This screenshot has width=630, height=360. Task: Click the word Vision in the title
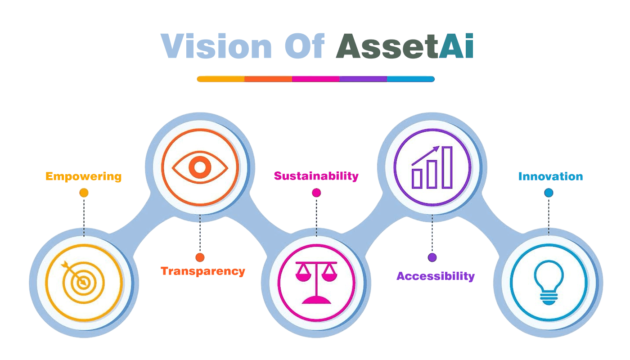pos(216,46)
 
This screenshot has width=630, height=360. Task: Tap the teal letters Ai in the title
pos(456,46)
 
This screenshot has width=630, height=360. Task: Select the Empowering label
pos(84,176)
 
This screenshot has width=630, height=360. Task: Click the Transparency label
pos(203,271)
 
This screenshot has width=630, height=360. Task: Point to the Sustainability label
pos(316,175)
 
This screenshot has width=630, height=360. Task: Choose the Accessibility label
pos(436,276)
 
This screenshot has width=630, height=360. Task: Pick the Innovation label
pos(550,176)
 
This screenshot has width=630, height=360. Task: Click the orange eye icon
pos(200,168)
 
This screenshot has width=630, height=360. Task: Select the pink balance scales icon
pos(316,283)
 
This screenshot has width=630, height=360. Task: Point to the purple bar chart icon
pos(432,167)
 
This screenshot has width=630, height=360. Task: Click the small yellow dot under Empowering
pos(84,193)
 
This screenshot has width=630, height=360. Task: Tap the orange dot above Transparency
pos(200,257)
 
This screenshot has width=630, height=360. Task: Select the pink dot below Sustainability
pos(316,193)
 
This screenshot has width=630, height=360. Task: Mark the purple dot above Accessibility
pos(432,257)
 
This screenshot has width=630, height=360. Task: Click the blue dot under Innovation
pos(549,193)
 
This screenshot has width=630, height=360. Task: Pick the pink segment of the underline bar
pos(315,79)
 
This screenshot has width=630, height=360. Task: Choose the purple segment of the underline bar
pos(363,79)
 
